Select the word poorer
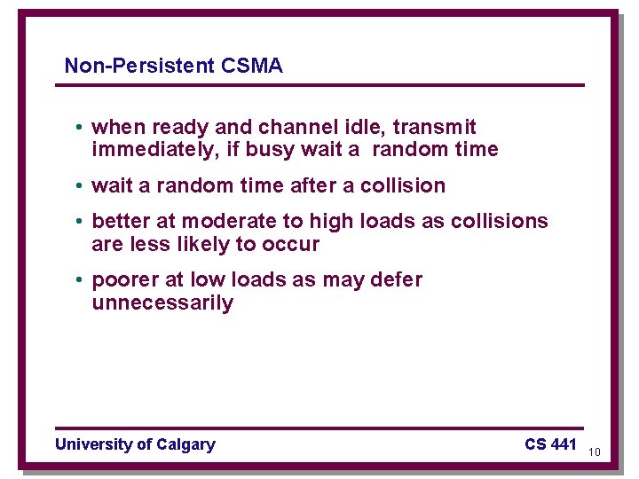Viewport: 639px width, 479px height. tap(122, 280)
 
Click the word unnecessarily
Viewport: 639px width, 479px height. tap(162, 303)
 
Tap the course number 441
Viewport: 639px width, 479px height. tap(564, 444)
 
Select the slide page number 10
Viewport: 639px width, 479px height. tap(595, 452)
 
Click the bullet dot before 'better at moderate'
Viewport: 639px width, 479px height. tap(79, 222)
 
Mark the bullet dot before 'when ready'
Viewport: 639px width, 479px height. tap(79, 128)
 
